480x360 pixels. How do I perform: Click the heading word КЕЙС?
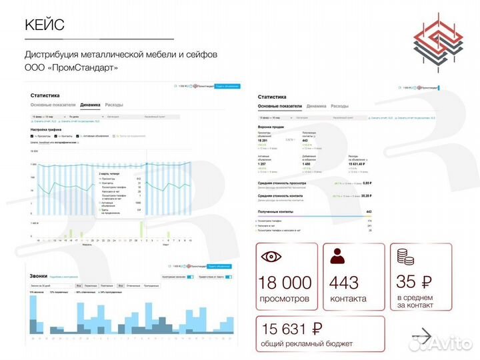pos(45,26)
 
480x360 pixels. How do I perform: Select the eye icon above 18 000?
pos(271,257)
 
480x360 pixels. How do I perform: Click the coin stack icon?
pos(405,256)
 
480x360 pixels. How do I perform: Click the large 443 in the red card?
pos(344,283)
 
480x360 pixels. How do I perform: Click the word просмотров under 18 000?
pos(286,299)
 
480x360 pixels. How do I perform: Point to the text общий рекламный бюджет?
pos(306,343)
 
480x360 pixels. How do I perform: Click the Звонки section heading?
pos(38,275)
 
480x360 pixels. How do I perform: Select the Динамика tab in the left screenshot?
pos(91,105)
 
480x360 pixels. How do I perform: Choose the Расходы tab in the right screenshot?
pos(339,106)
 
